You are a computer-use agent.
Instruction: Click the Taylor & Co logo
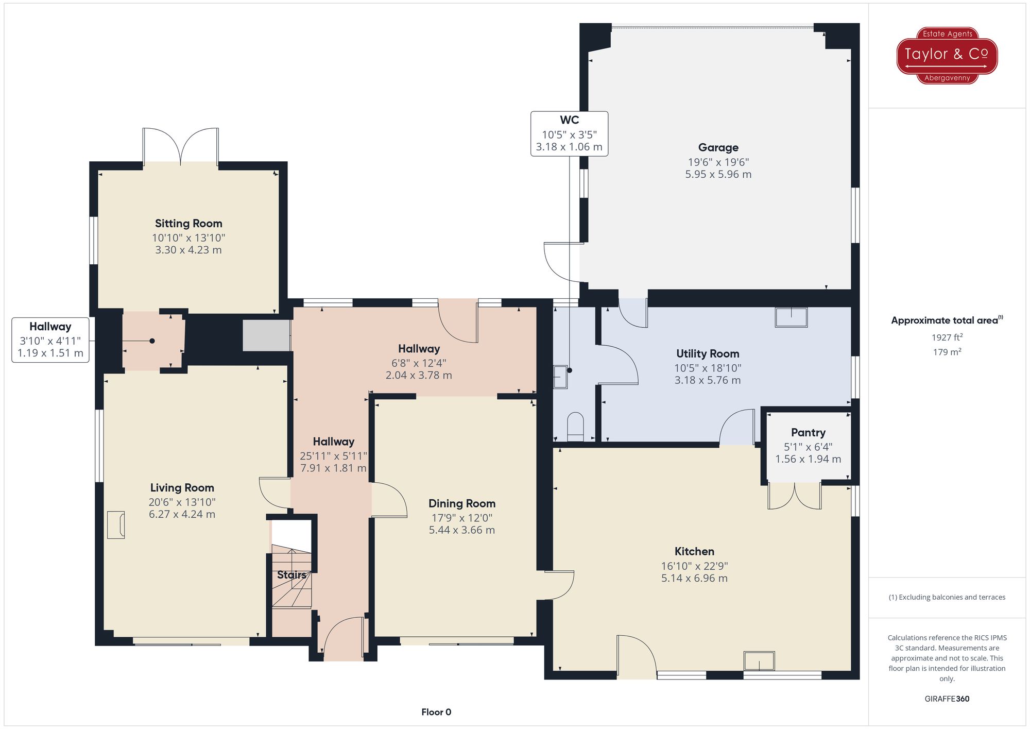pos(947,56)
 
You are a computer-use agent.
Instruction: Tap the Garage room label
pos(718,148)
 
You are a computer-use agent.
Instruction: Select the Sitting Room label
pos(188,224)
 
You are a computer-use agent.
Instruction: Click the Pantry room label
pos(808,433)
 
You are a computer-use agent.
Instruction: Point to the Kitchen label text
pos(694,551)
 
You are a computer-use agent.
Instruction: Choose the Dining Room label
pos(462,503)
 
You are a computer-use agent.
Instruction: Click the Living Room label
pos(182,488)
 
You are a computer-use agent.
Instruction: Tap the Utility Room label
pos(708,354)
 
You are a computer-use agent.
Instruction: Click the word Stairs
pos(291,575)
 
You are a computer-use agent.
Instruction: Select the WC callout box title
pos(569,120)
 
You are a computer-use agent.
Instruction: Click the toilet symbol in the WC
pos(575,427)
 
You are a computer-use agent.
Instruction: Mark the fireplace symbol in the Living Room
pos(116,525)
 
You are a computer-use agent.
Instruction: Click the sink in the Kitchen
pos(759,661)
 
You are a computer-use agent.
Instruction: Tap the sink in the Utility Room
pos(791,317)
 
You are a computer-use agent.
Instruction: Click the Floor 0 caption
pos(436,712)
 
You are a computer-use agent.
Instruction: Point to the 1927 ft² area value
pos(947,337)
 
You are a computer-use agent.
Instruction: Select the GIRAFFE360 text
pos(947,699)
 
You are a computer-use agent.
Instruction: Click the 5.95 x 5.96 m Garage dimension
pos(718,175)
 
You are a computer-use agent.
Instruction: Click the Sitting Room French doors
pos(181,146)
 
